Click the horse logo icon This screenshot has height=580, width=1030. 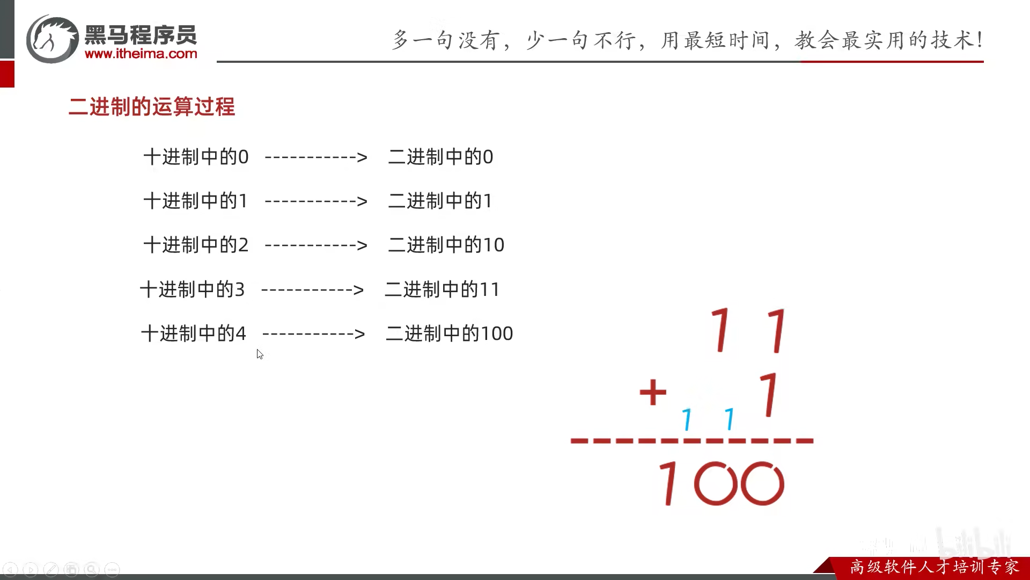point(53,39)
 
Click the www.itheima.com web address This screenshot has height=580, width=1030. point(141,54)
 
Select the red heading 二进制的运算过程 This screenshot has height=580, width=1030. point(152,107)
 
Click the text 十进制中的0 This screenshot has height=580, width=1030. point(196,157)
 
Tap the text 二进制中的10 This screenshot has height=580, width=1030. point(446,245)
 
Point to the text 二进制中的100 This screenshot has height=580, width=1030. point(449,334)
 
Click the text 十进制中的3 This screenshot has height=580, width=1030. point(192,289)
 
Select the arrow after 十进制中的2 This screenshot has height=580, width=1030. point(316,245)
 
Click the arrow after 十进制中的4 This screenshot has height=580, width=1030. point(314,334)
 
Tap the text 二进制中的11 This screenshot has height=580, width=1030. point(442,289)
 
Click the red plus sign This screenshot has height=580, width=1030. point(653,392)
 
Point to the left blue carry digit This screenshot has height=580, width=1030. point(687,419)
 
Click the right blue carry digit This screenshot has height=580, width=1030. point(730,419)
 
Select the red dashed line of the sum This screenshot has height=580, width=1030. point(692,441)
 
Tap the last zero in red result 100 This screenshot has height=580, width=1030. point(762,483)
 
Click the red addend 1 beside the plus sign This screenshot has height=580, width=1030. point(770,395)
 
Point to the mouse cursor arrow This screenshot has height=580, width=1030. point(260,354)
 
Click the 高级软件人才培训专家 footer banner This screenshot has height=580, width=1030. point(934,567)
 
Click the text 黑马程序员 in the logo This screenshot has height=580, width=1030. point(141,35)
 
